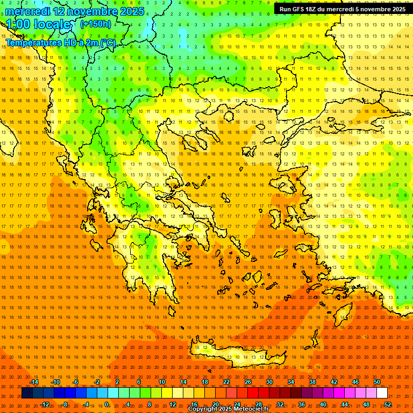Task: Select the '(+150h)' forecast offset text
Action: tap(96, 24)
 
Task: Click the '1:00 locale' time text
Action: tap(38, 25)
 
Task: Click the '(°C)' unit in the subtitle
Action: tap(108, 42)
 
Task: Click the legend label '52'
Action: tap(388, 404)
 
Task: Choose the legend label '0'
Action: tap(106, 404)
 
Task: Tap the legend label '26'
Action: tap(248, 382)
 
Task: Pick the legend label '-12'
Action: tap(45, 404)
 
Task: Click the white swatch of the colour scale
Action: tap(382, 393)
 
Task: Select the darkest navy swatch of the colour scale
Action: tap(27, 393)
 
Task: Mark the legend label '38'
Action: tap(312, 382)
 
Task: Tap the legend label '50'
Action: tap(377, 382)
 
